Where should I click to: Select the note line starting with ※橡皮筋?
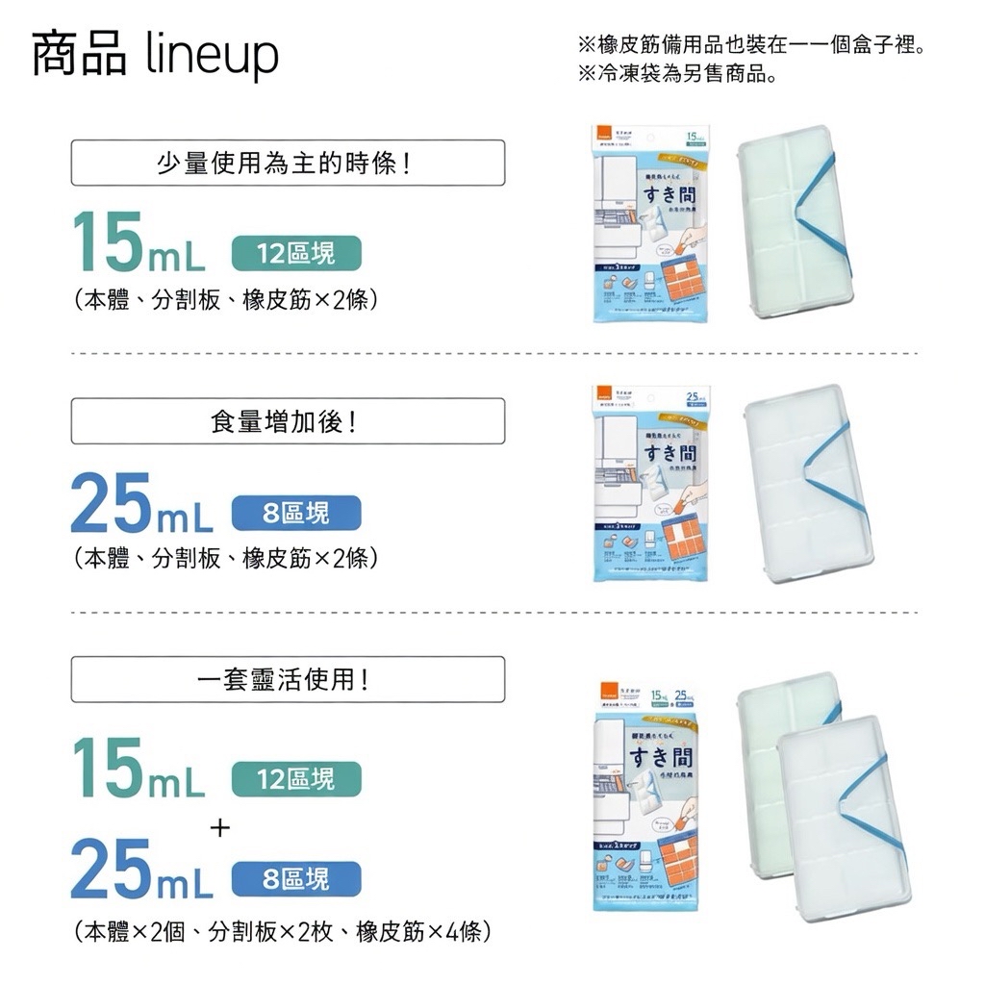click(751, 45)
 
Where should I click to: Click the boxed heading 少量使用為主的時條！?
click(288, 163)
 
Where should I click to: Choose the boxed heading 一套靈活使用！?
click(288, 679)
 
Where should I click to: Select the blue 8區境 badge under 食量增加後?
click(296, 513)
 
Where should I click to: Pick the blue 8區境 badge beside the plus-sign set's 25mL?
click(296, 878)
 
